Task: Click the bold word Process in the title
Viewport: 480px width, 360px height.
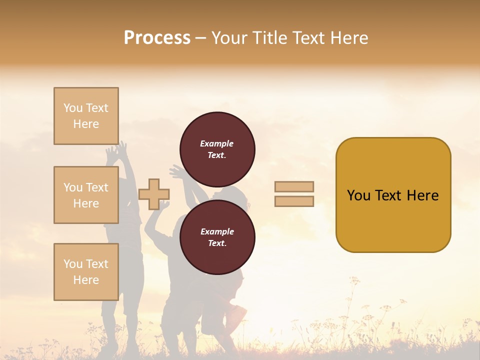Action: [157, 38]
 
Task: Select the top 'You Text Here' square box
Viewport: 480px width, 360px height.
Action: [86, 116]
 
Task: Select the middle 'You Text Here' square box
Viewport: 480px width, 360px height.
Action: [86, 195]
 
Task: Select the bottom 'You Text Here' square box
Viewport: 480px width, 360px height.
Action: [86, 272]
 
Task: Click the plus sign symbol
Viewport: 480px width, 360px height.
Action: [154, 194]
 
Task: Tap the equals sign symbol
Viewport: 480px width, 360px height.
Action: [294, 194]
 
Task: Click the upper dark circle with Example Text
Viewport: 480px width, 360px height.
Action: [217, 149]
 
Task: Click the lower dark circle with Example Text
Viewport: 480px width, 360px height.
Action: [217, 237]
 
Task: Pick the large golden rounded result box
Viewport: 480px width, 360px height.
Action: [393, 195]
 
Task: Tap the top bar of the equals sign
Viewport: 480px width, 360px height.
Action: [294, 187]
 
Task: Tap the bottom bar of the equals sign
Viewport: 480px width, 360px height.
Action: [294, 201]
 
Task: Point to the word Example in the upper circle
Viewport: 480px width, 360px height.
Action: [217, 143]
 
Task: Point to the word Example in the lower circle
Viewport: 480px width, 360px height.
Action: [217, 231]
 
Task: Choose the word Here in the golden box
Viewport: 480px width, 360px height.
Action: [422, 195]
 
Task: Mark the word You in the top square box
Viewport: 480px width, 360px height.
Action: [72, 108]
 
